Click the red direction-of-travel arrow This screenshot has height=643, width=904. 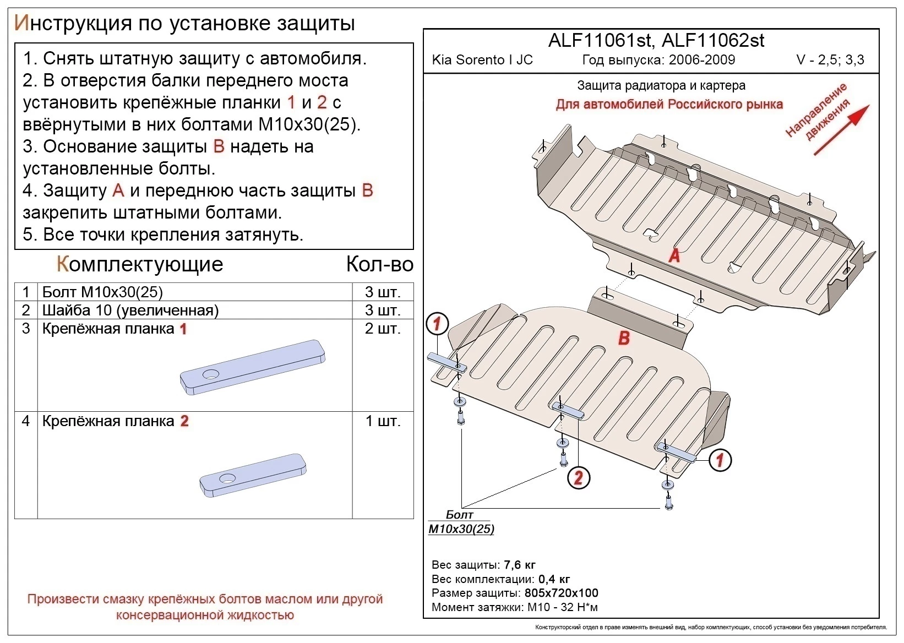(842, 129)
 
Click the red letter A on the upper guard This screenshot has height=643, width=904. (674, 255)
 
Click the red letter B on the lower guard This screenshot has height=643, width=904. (623, 337)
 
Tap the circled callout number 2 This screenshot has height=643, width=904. (578, 477)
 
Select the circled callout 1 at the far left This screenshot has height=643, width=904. (437, 324)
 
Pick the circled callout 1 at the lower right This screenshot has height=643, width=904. (720, 460)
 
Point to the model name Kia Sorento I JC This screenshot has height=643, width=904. (482, 60)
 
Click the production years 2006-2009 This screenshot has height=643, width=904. (702, 60)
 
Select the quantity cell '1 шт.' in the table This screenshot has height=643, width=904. (383, 421)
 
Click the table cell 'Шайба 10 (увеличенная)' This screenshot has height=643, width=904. (130, 310)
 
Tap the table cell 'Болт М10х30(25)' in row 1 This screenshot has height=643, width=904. (102, 292)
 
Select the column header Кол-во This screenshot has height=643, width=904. (379, 265)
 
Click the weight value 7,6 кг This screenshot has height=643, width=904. (519, 565)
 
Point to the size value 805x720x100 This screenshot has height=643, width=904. (561, 593)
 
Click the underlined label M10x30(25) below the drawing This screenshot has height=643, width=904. (461, 529)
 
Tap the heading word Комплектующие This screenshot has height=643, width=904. (140, 265)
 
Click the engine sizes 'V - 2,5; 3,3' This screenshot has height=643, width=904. (830, 60)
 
